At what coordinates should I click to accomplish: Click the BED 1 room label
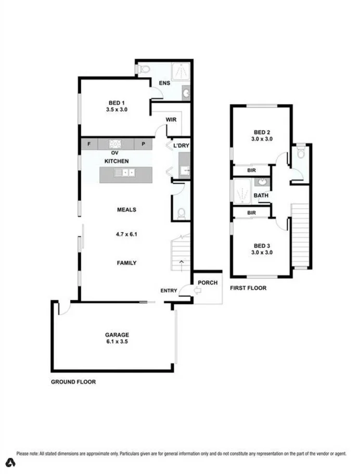coord(116,102)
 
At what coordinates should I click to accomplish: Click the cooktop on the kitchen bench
coord(115,144)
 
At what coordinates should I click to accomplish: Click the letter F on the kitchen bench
coord(89,144)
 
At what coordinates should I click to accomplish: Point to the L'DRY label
coord(181,146)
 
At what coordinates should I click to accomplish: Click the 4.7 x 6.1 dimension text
coord(126,234)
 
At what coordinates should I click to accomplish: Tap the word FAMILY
coord(126,263)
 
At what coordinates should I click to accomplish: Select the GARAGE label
coord(117,335)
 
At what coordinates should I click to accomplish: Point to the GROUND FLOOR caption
coord(73,381)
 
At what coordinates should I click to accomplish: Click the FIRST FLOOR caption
coord(248,288)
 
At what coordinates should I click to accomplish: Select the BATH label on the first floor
coord(261,196)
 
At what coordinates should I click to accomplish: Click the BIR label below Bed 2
coord(251,171)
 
